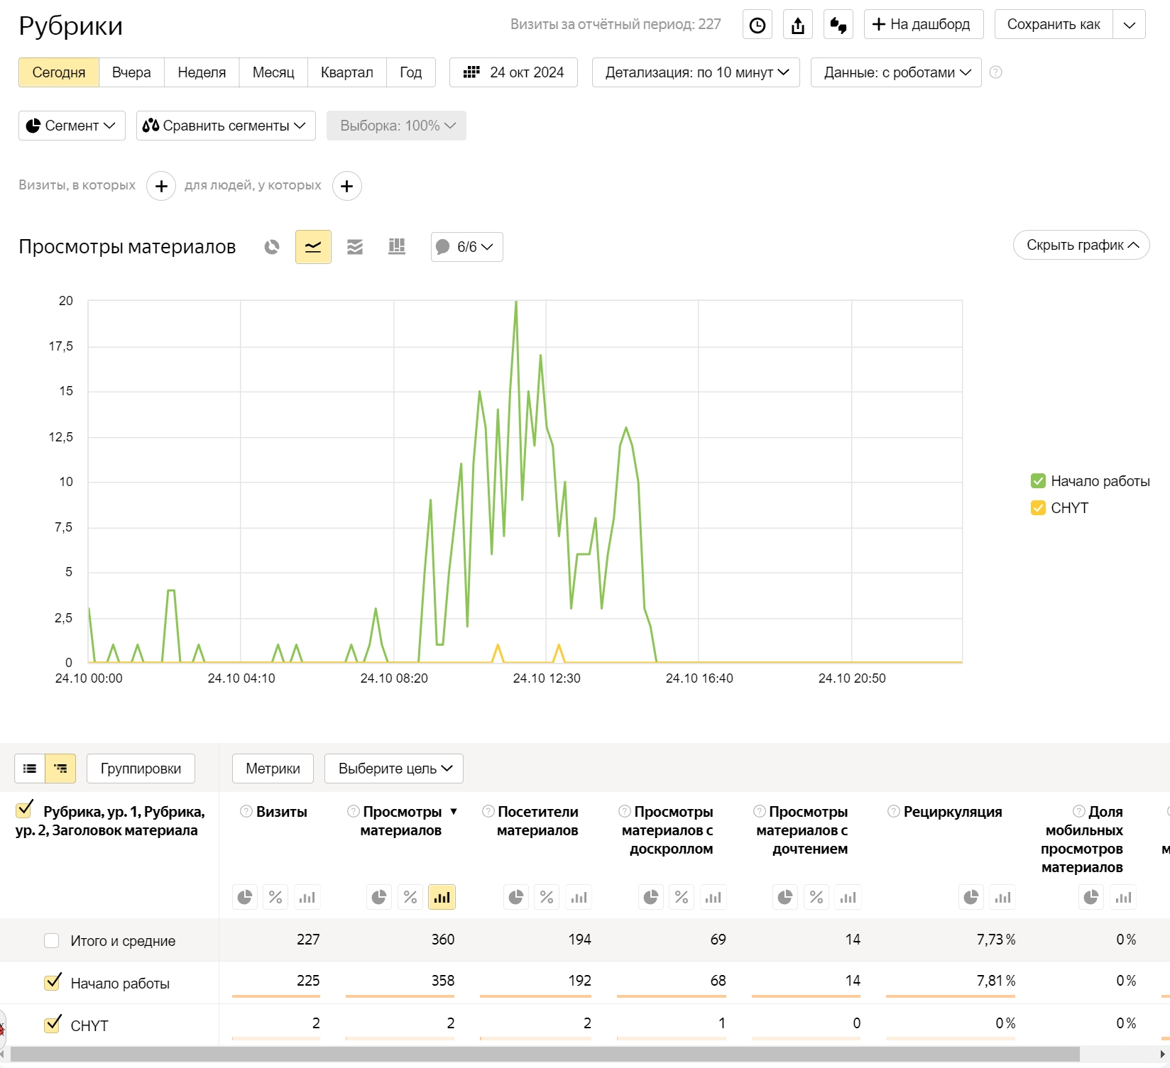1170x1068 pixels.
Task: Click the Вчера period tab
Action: pyautogui.click(x=131, y=72)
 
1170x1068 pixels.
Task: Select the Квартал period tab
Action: pyautogui.click(x=346, y=72)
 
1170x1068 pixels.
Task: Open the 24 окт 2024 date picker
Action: pyautogui.click(x=513, y=72)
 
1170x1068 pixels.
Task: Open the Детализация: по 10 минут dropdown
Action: pyautogui.click(x=696, y=72)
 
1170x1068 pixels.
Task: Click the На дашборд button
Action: pyautogui.click(x=923, y=24)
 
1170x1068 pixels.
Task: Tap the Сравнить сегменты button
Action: pyautogui.click(x=226, y=126)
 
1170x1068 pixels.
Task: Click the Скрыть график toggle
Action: pyautogui.click(x=1081, y=245)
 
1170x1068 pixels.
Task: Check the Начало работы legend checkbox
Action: pyautogui.click(x=1038, y=481)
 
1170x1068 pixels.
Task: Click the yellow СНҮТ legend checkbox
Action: pyautogui.click(x=1038, y=508)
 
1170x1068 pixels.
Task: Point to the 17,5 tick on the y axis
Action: pyautogui.click(x=61, y=346)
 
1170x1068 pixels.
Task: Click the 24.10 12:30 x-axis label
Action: pyautogui.click(x=547, y=678)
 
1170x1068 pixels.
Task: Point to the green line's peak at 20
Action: pyautogui.click(x=516, y=302)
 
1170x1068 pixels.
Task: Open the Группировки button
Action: pyautogui.click(x=141, y=769)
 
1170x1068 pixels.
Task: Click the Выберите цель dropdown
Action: pyautogui.click(x=394, y=769)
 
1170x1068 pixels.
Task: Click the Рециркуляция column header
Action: pyautogui.click(x=952, y=812)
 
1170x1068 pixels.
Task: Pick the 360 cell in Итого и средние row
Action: pyautogui.click(x=443, y=940)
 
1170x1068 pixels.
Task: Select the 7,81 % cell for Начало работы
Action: pyautogui.click(x=995, y=981)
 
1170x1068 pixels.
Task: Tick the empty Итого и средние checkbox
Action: pyautogui.click(x=51, y=940)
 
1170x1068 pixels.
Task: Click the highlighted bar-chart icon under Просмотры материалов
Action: pyautogui.click(x=442, y=898)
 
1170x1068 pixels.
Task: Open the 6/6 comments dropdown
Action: pyautogui.click(x=466, y=247)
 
